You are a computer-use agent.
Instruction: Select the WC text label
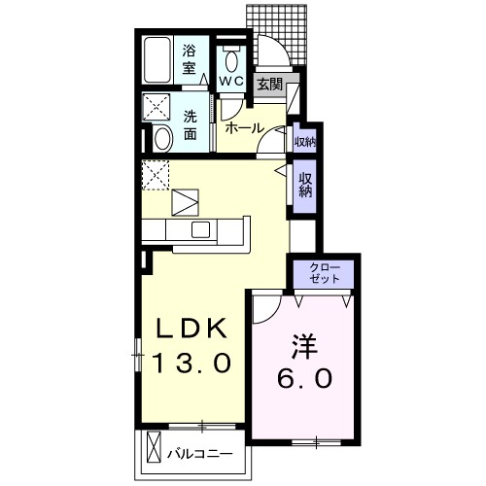click(230, 81)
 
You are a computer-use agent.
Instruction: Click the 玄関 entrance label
click(269, 85)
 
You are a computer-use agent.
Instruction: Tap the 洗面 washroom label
click(191, 123)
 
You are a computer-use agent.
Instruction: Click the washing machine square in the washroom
click(156, 107)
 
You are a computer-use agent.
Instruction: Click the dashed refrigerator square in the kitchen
click(156, 175)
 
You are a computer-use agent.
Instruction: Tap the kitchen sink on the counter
click(201, 229)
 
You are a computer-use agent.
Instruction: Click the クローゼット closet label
click(325, 272)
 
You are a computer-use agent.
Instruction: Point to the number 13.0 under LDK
click(191, 364)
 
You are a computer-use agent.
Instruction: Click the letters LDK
click(191, 328)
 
